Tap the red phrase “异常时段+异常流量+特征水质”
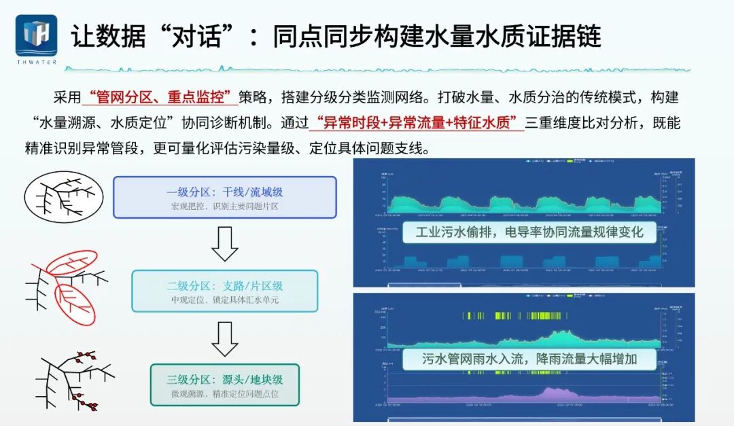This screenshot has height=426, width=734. [416, 123]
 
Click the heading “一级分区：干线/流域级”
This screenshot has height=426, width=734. [224, 192]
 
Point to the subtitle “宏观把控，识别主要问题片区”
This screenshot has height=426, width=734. [224, 206]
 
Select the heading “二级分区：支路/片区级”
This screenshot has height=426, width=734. [224, 285]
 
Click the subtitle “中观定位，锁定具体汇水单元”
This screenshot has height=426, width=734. [224, 300]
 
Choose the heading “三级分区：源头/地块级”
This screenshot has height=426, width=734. [224, 380]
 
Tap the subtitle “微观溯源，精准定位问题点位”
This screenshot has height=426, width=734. [224, 394]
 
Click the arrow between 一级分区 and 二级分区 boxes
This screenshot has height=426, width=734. [224, 244]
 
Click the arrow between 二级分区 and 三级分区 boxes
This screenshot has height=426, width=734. [224, 338]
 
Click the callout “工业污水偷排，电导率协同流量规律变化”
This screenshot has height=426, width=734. [529, 233]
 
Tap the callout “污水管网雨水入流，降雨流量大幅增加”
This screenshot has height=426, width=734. [529, 359]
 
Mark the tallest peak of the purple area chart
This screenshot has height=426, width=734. [549, 391]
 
